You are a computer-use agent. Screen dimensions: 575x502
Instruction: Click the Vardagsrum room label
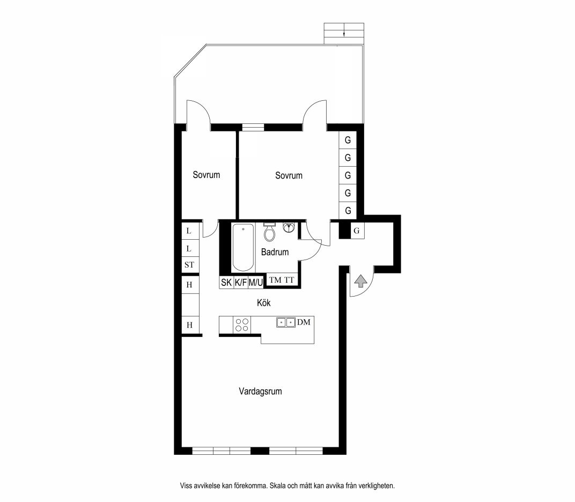tap(260, 392)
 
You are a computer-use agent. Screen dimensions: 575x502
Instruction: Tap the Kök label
tap(264, 303)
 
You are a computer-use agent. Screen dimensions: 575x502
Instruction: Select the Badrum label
tap(275, 252)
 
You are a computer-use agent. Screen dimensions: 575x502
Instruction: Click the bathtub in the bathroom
tap(243, 248)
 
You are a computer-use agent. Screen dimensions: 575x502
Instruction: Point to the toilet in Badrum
tap(269, 232)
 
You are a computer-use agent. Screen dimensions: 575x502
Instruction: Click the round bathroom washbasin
tap(289, 228)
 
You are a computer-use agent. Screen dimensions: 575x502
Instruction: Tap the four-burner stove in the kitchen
tap(242, 325)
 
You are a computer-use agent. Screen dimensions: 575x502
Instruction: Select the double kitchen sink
tap(286, 322)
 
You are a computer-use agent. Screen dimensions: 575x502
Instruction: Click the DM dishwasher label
tap(304, 322)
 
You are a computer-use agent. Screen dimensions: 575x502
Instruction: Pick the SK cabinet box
tap(226, 282)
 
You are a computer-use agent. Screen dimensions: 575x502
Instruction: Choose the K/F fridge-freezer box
tap(240, 282)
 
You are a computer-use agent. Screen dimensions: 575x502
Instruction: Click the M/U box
tap(256, 282)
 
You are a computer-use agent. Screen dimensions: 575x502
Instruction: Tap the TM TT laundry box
tap(281, 280)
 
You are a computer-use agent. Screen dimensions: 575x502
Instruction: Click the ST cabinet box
tap(189, 265)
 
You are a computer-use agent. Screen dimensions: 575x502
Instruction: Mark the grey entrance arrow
tap(361, 281)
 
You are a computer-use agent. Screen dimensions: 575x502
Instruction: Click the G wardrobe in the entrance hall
tap(357, 231)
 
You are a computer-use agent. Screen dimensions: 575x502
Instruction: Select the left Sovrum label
tap(207, 175)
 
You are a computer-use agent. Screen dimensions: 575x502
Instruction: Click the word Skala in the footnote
tap(278, 486)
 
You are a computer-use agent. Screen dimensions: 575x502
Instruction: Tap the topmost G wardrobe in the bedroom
tap(348, 140)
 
